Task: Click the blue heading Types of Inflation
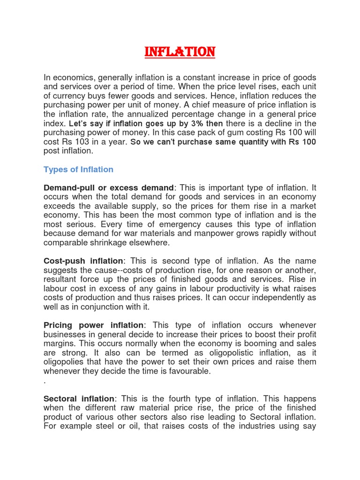pyautogui.click(x=78, y=169)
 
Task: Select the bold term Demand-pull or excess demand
pyautogui.click(x=108, y=188)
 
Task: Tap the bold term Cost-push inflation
pyautogui.click(x=83, y=261)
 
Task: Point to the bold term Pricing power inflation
pyautogui.click(x=94, y=325)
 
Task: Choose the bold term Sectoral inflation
pyautogui.click(x=79, y=398)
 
